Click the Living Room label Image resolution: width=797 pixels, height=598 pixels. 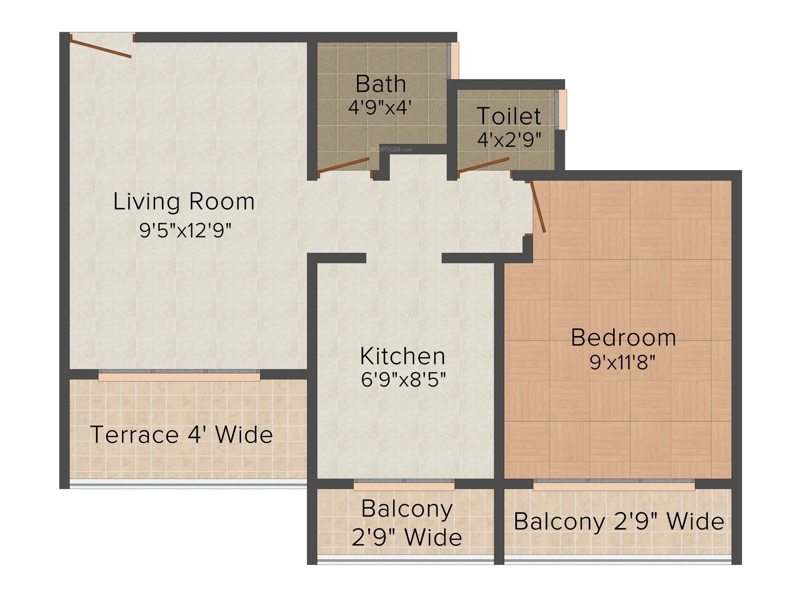tap(184, 202)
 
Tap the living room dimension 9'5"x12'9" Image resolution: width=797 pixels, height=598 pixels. tap(185, 230)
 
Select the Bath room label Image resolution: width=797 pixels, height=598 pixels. tap(380, 84)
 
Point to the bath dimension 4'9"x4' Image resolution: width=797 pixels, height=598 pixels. tap(380, 107)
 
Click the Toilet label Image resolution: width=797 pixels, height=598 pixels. tap(508, 116)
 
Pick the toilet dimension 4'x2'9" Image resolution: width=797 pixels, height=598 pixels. tap(509, 139)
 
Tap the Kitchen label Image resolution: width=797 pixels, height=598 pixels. tap(403, 356)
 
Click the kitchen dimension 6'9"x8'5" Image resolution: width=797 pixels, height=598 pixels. tap(403, 380)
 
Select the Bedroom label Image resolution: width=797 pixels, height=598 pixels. tap(623, 338)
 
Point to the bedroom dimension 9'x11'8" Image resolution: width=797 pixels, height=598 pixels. tap(623, 362)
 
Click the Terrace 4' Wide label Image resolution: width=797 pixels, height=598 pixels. tap(182, 434)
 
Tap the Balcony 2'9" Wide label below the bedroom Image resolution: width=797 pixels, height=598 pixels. tap(619, 521)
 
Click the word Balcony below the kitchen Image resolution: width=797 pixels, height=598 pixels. tap(407, 509)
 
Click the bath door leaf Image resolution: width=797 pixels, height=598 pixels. tap(344, 165)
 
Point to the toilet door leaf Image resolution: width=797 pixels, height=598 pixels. tap(484, 165)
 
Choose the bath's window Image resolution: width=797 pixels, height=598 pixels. tap(454, 61)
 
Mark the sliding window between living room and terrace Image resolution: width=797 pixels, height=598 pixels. tap(180, 375)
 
